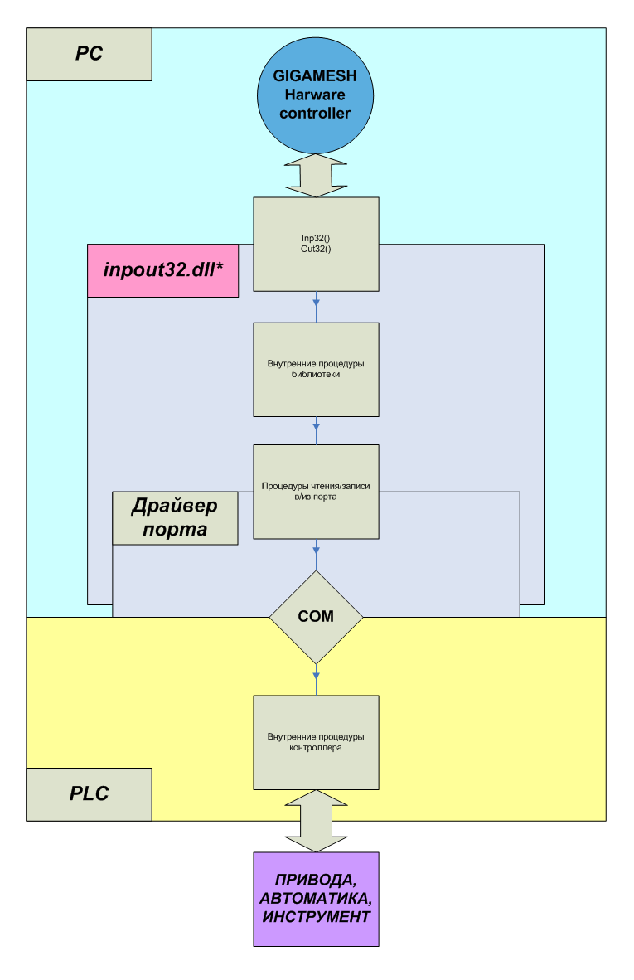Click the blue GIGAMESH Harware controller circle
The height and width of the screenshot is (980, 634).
point(316,95)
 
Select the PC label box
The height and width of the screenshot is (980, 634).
point(89,55)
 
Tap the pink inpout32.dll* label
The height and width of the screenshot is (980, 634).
point(163,270)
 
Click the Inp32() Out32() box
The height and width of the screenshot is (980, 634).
point(316,245)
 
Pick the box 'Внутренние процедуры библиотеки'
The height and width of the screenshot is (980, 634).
point(316,370)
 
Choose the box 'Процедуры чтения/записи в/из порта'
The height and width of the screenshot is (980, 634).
point(316,492)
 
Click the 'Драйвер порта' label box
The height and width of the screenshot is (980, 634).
point(175,518)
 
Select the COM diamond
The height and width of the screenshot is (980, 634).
point(316,617)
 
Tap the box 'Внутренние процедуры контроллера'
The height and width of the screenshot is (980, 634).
point(316,743)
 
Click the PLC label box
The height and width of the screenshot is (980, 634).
point(89,794)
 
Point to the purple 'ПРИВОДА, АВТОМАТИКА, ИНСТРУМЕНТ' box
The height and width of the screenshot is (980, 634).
point(316,900)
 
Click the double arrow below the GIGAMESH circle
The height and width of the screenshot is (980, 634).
point(316,176)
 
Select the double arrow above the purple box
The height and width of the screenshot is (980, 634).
point(316,822)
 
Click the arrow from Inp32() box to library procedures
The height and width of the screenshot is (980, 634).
point(316,307)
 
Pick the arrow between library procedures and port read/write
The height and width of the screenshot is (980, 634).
point(316,430)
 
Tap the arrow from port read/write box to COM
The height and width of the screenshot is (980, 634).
point(316,555)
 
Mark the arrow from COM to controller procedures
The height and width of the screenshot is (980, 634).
point(316,680)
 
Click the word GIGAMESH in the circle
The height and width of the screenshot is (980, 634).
point(315,76)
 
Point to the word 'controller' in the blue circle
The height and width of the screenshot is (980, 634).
point(315,113)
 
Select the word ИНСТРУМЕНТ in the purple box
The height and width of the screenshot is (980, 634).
point(316,917)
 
